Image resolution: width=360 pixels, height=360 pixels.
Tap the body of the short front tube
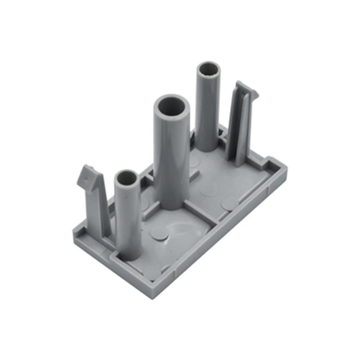(x=128, y=220)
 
